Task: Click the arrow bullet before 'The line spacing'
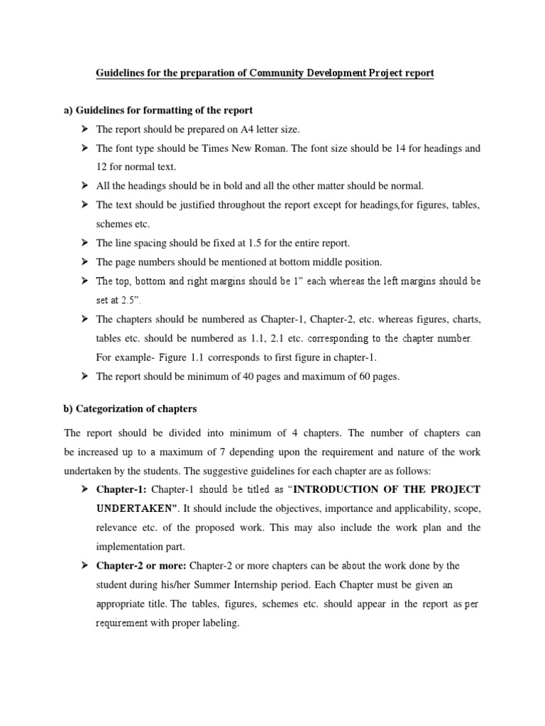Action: point(84,242)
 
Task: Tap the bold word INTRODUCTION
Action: point(341,489)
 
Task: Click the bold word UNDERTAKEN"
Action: point(136,508)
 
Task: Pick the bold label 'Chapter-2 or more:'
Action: point(140,565)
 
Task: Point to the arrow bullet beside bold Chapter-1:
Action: point(84,489)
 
